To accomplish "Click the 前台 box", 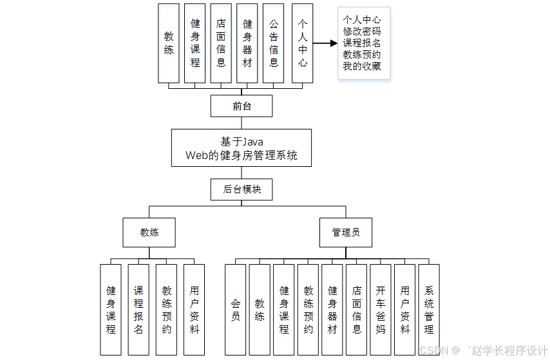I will [242, 106].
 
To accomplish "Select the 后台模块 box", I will [242, 189].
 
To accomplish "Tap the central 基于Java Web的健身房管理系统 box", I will [242, 148].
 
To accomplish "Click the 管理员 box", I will [346, 232].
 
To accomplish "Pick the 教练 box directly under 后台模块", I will [149, 232].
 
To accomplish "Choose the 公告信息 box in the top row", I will [273, 43].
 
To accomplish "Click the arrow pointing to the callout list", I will [325, 43].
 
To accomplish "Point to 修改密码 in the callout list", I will [362, 31].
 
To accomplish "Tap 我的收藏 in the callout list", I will [362, 66].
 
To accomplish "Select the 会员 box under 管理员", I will [235, 309].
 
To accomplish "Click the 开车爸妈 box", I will [381, 309].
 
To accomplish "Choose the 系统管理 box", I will [429, 309].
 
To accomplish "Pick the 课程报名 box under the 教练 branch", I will [138, 309].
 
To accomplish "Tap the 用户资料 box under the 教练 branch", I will [194, 309].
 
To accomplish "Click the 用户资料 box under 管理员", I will [404, 309].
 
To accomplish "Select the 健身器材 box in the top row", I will [247, 43].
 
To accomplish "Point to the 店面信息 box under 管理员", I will [356, 309].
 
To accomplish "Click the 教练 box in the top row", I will [169, 43].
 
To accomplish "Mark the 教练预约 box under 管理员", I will [308, 309].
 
